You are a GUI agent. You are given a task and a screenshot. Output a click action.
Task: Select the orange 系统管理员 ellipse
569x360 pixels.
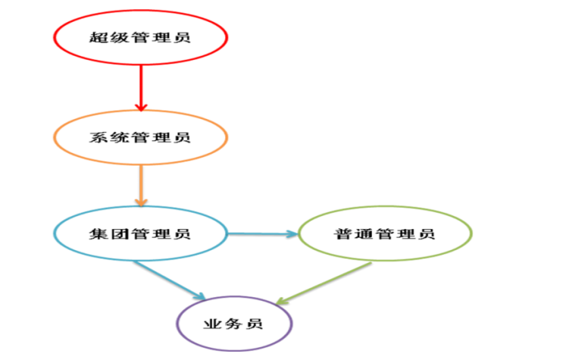[140, 137]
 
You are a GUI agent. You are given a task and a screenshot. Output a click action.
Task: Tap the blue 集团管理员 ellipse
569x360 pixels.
[140, 233]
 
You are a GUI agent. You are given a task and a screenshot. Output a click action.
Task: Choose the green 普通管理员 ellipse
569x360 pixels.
[384, 233]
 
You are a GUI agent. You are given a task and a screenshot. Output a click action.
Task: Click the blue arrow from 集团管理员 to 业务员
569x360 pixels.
[170, 279]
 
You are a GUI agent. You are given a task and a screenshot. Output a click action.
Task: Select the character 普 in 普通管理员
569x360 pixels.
[342, 233]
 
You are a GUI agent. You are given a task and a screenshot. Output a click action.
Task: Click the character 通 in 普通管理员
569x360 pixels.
[363, 233]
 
